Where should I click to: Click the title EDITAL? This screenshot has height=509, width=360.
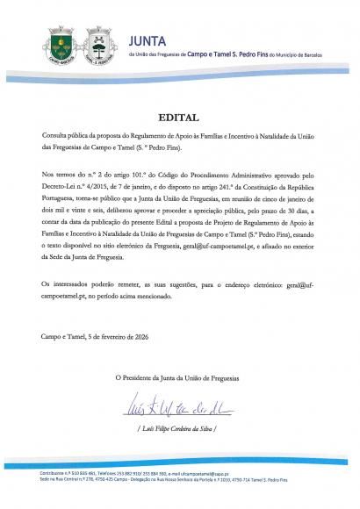[x=179, y=116]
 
